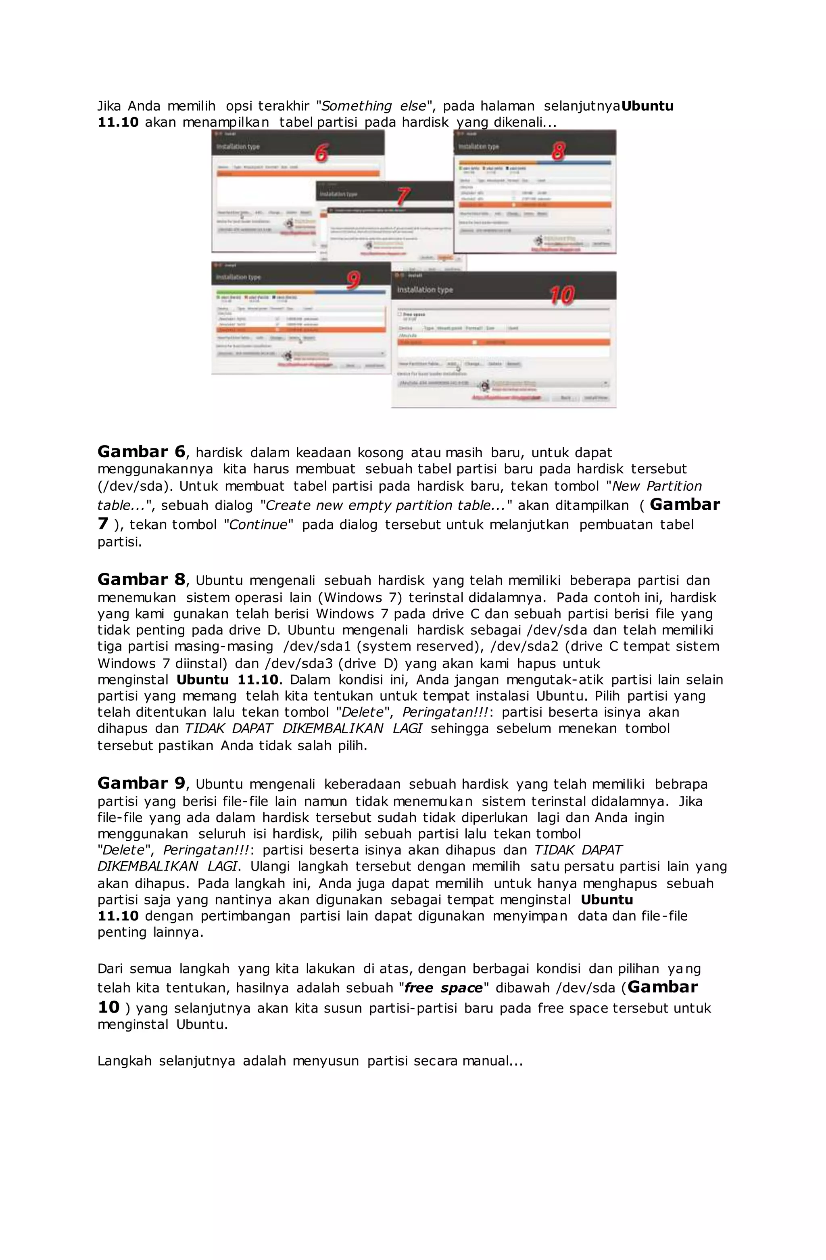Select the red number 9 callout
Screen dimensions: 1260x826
[x=353, y=280]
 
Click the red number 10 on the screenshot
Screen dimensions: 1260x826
[x=561, y=295]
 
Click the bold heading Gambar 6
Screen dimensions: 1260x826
[x=141, y=452]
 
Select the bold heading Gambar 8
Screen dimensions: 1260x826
[x=141, y=579]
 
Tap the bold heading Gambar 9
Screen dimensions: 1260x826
[x=141, y=783]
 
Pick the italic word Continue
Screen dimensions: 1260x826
[x=258, y=525]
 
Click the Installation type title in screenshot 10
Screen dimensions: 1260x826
[x=425, y=290]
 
